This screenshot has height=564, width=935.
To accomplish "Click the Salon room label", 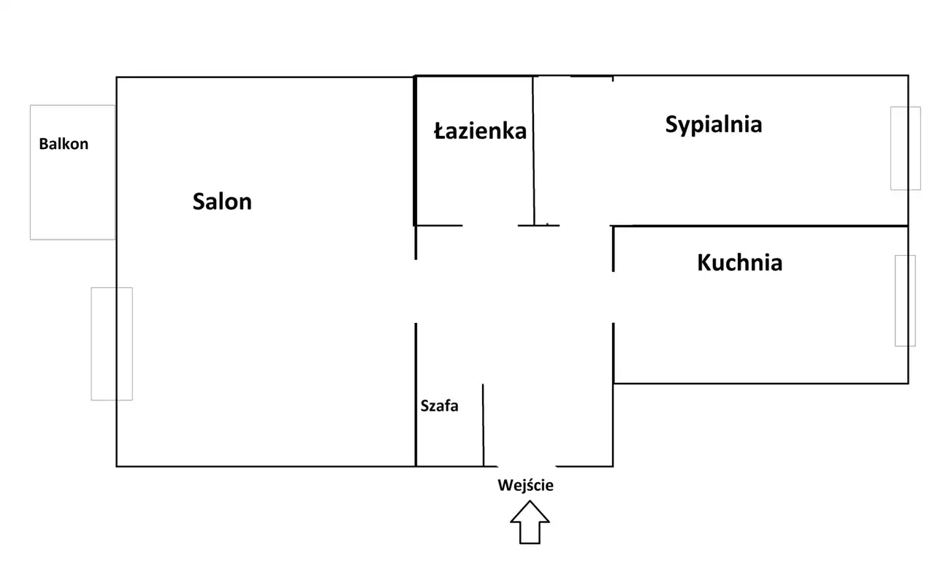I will [x=222, y=201].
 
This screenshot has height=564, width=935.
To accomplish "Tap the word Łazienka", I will [x=480, y=131].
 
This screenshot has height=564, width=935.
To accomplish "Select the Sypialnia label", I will [x=713, y=124].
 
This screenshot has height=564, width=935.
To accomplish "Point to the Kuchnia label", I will [x=739, y=262].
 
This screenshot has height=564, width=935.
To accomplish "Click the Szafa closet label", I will [x=439, y=405].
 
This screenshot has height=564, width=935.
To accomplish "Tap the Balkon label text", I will [x=64, y=144].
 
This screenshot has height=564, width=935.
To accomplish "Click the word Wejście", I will [x=525, y=485].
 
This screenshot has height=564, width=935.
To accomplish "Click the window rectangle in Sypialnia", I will [x=904, y=148].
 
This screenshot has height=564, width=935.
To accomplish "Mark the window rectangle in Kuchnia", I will [x=904, y=300].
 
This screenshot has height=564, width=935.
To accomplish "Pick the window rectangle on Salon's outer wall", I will [x=112, y=343].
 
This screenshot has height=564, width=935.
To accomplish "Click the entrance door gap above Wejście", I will [x=526, y=466].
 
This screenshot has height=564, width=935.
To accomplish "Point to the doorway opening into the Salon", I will [x=416, y=291].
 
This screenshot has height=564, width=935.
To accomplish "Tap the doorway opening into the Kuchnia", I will [x=613, y=297].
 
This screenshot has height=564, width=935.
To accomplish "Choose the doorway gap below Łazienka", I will [x=490, y=226].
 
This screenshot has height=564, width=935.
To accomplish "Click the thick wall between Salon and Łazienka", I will [x=415, y=150].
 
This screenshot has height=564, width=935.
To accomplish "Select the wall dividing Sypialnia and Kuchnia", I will [x=760, y=226].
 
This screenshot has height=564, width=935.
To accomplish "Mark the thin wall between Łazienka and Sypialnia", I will [x=533, y=150].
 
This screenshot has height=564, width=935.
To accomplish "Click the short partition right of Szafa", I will [x=483, y=424].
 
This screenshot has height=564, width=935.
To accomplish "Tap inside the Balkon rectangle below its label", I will [x=72, y=194].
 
